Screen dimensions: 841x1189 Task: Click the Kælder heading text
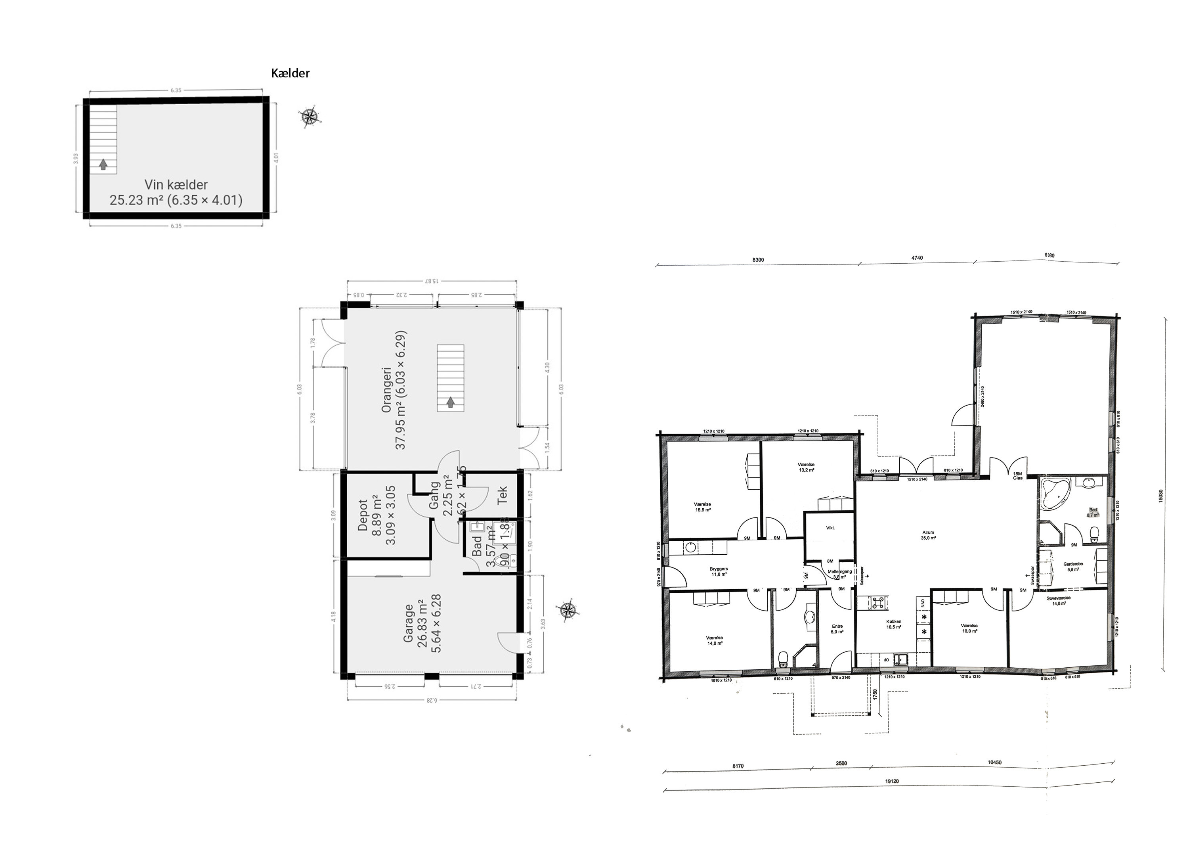290,73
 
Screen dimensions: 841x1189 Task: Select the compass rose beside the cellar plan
310,117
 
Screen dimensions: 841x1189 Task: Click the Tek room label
502,495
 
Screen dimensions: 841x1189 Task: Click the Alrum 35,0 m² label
928,535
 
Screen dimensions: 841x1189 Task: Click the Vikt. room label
830,528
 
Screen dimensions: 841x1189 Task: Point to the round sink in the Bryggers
690,547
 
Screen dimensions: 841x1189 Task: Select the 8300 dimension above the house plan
758,259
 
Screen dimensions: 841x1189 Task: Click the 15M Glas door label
1017,476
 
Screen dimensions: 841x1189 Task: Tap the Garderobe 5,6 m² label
1071,567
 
